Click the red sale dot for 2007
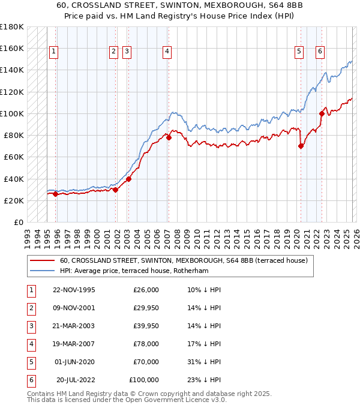169,137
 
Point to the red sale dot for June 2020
301,146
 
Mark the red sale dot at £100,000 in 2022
322,113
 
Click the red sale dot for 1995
56,194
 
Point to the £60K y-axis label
14,157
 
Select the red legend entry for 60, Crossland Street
184,260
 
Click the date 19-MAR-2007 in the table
74,344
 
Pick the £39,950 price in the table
144,326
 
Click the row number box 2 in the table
30,308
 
